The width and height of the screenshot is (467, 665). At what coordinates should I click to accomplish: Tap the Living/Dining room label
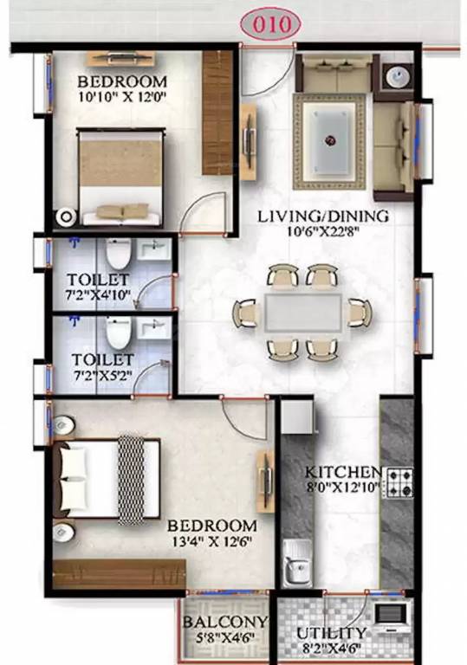(321, 216)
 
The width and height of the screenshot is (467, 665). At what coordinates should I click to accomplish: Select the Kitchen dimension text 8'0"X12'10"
(342, 488)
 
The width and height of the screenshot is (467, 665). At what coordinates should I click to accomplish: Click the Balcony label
(224, 623)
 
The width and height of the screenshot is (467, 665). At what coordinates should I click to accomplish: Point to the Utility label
(331, 632)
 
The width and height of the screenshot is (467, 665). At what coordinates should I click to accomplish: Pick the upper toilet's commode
(118, 255)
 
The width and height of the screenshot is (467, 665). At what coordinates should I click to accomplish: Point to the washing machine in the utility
(392, 617)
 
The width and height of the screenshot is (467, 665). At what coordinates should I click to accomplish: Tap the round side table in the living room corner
(398, 76)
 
